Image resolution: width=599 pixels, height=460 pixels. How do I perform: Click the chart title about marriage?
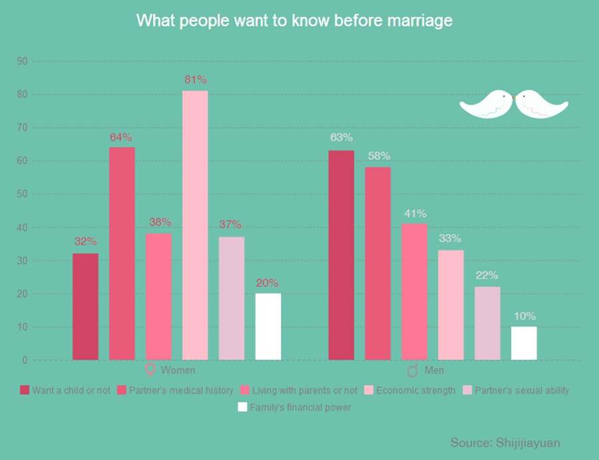(294, 21)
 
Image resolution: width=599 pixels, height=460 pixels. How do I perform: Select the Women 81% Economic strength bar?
(195, 225)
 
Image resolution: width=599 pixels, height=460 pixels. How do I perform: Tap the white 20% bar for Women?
(268, 326)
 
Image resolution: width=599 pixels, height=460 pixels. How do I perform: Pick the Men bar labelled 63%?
(341, 255)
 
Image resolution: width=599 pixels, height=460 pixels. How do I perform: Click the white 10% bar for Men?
(524, 343)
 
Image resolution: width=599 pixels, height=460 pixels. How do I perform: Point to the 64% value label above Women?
(122, 138)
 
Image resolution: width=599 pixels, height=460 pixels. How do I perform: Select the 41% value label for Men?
(414, 214)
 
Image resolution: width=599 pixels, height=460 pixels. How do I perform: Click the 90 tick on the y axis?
(22, 61)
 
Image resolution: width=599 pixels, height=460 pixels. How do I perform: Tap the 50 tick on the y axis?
(22, 194)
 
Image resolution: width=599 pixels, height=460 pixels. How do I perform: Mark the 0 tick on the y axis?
(25, 360)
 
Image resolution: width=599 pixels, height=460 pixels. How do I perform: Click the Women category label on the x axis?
(177, 370)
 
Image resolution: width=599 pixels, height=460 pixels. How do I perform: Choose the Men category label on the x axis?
(435, 370)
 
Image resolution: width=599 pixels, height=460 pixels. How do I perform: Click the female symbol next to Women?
(150, 370)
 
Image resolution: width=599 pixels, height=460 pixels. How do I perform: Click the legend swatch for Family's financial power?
(243, 407)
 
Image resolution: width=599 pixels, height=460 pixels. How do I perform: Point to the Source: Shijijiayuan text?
(505, 443)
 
